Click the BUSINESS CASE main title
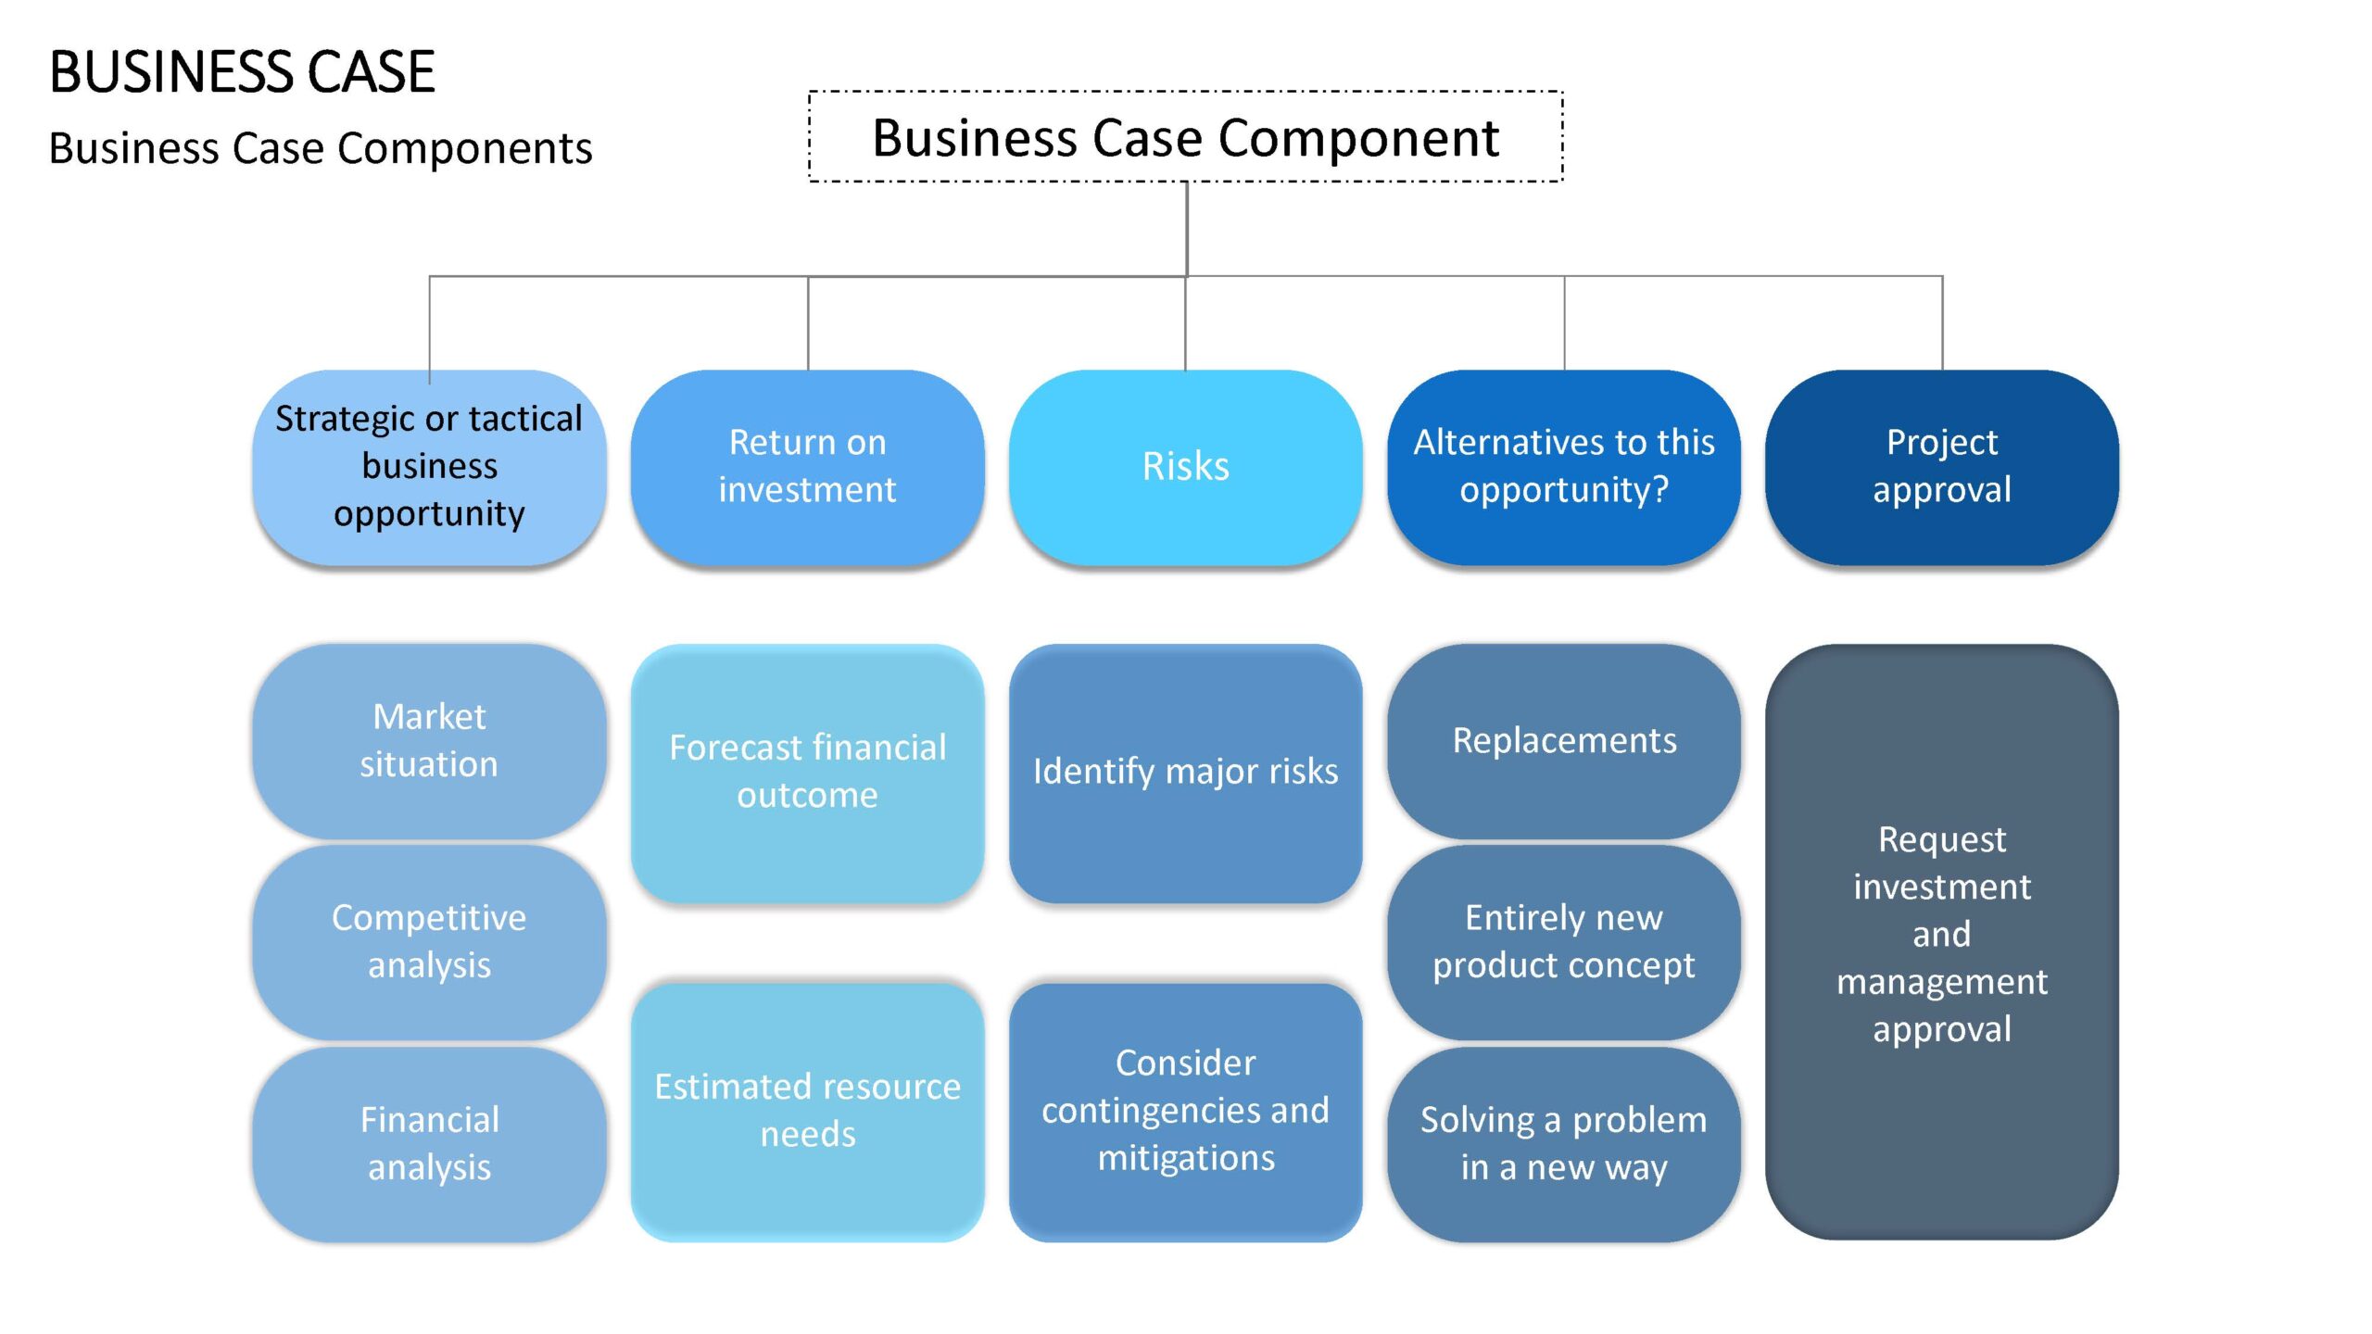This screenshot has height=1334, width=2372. coord(242,71)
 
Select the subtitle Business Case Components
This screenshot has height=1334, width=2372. coord(321,148)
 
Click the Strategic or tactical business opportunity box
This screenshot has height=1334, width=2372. coord(430,468)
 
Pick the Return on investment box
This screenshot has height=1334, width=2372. coord(808,468)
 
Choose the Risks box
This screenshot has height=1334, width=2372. coord(1186,468)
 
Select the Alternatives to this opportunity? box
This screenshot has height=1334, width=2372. coord(1564,468)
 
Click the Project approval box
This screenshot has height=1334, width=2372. coord(1942,468)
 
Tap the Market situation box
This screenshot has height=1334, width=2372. coord(430,742)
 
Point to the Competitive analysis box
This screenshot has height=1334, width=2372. coord(430,942)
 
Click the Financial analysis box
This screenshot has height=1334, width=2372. coord(430,1144)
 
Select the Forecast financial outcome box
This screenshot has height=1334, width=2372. coord(808,774)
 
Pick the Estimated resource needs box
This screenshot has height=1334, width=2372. coord(808,1112)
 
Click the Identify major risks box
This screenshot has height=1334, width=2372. coord(1186,774)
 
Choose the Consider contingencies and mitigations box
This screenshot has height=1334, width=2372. coord(1186,1112)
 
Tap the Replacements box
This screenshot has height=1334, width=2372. coord(1564,742)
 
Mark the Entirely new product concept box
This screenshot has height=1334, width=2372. coord(1564,942)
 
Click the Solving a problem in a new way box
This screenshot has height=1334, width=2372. coord(1564,1144)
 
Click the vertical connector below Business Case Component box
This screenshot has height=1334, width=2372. coord(1187,229)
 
